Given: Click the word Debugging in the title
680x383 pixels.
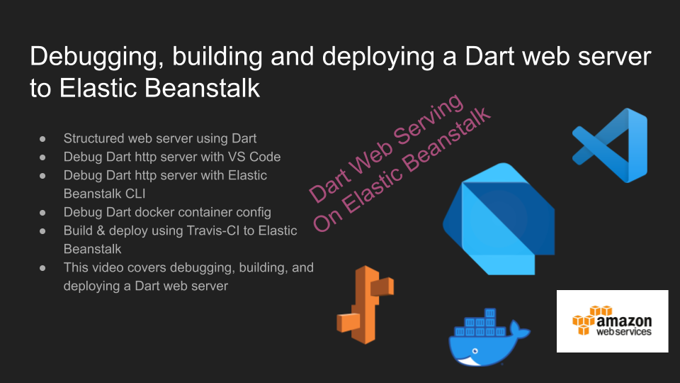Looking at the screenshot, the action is click(x=97, y=57).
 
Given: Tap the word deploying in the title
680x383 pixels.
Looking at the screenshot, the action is click(x=378, y=57).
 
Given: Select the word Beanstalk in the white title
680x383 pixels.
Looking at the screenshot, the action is click(x=202, y=88).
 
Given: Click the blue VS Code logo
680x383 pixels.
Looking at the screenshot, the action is click(x=610, y=145).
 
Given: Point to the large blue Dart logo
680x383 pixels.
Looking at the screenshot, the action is click(x=499, y=218).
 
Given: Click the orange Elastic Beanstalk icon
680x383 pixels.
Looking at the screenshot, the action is click(x=365, y=305).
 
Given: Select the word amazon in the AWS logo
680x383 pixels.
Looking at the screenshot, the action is click(x=624, y=321).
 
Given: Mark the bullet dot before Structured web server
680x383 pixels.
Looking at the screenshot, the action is click(x=42, y=139).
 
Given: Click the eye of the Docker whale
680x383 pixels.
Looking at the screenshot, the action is click(x=475, y=351).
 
